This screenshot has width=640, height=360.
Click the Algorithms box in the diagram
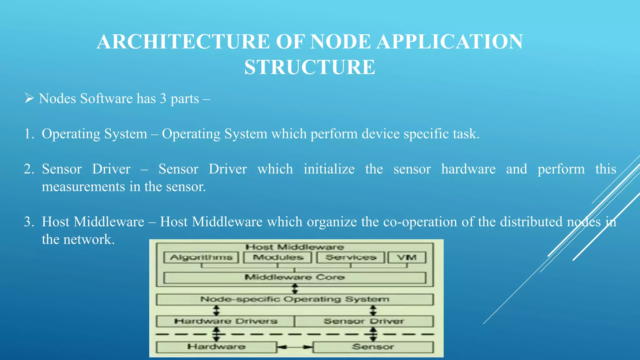pyautogui.click(x=201, y=257)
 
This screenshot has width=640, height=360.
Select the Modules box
pyautogui.click(x=278, y=257)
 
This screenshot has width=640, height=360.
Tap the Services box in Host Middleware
pyautogui.click(x=351, y=257)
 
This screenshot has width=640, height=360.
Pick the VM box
pyautogui.click(x=407, y=257)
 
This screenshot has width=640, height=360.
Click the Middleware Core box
pyautogui.click(x=295, y=277)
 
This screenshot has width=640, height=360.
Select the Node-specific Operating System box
pyautogui.click(x=295, y=299)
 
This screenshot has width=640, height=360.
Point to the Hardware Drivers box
pyautogui.click(x=225, y=321)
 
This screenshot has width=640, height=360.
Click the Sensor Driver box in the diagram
pyautogui.click(x=364, y=321)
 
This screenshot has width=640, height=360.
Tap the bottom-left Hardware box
pyautogui.click(x=216, y=347)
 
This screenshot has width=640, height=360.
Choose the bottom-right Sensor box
pyautogui.click(x=373, y=347)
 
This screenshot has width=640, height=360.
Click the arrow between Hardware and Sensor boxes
pyautogui.click(x=295, y=347)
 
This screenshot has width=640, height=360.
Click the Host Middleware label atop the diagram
pyautogui.click(x=295, y=247)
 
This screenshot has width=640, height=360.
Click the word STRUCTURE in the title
pyautogui.click(x=310, y=67)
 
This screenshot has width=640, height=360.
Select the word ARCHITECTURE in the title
pyautogui.click(x=183, y=42)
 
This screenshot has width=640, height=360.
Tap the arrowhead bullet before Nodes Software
pyautogui.click(x=29, y=98)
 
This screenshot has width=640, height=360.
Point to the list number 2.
pyautogui.click(x=29, y=169)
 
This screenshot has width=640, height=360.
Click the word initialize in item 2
pyautogui.click(x=329, y=169)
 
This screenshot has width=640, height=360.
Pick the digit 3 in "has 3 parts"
pyautogui.click(x=163, y=99)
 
